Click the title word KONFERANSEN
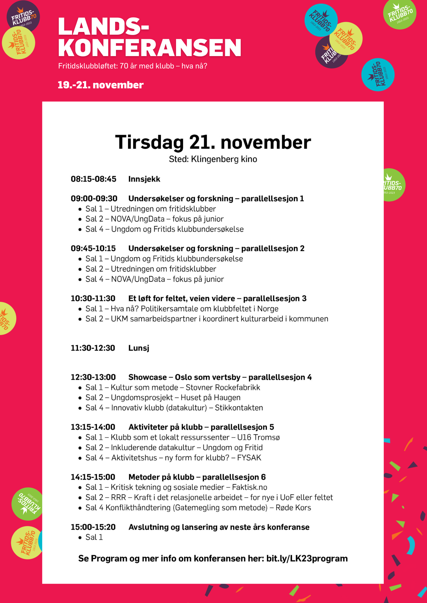[149, 48]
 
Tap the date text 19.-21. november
[101, 85]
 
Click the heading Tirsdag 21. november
[213, 142]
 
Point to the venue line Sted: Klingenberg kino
[213, 159]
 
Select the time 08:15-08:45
[93, 179]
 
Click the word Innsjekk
[144, 179]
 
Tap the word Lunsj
[139, 348]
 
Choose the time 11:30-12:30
[93, 348]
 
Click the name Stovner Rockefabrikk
[223, 387]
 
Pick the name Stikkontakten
[239, 408]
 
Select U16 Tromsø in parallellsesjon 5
[258, 437]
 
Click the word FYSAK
[249, 458]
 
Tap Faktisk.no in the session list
[249, 487]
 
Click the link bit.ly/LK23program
[307, 559]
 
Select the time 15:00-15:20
[93, 527]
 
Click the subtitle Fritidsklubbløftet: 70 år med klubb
[116, 66]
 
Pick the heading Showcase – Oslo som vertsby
[184, 377]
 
